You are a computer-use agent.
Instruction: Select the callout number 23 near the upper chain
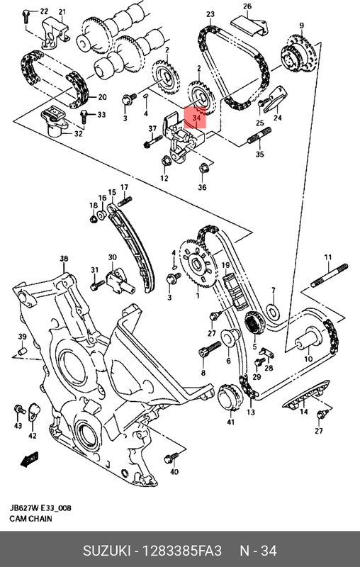210,15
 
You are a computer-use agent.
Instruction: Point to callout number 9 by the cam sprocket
301,26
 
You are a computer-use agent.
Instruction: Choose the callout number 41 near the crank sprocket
230,422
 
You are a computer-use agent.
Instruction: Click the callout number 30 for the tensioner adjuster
112,257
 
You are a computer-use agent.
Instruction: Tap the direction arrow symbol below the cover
30,461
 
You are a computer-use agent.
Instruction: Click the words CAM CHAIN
30,520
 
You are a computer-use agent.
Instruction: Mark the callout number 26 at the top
247,7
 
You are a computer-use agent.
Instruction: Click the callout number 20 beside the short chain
102,97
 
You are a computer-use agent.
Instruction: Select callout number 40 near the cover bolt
174,472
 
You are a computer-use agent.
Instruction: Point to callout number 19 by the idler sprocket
227,266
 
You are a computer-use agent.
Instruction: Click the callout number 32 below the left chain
79,133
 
